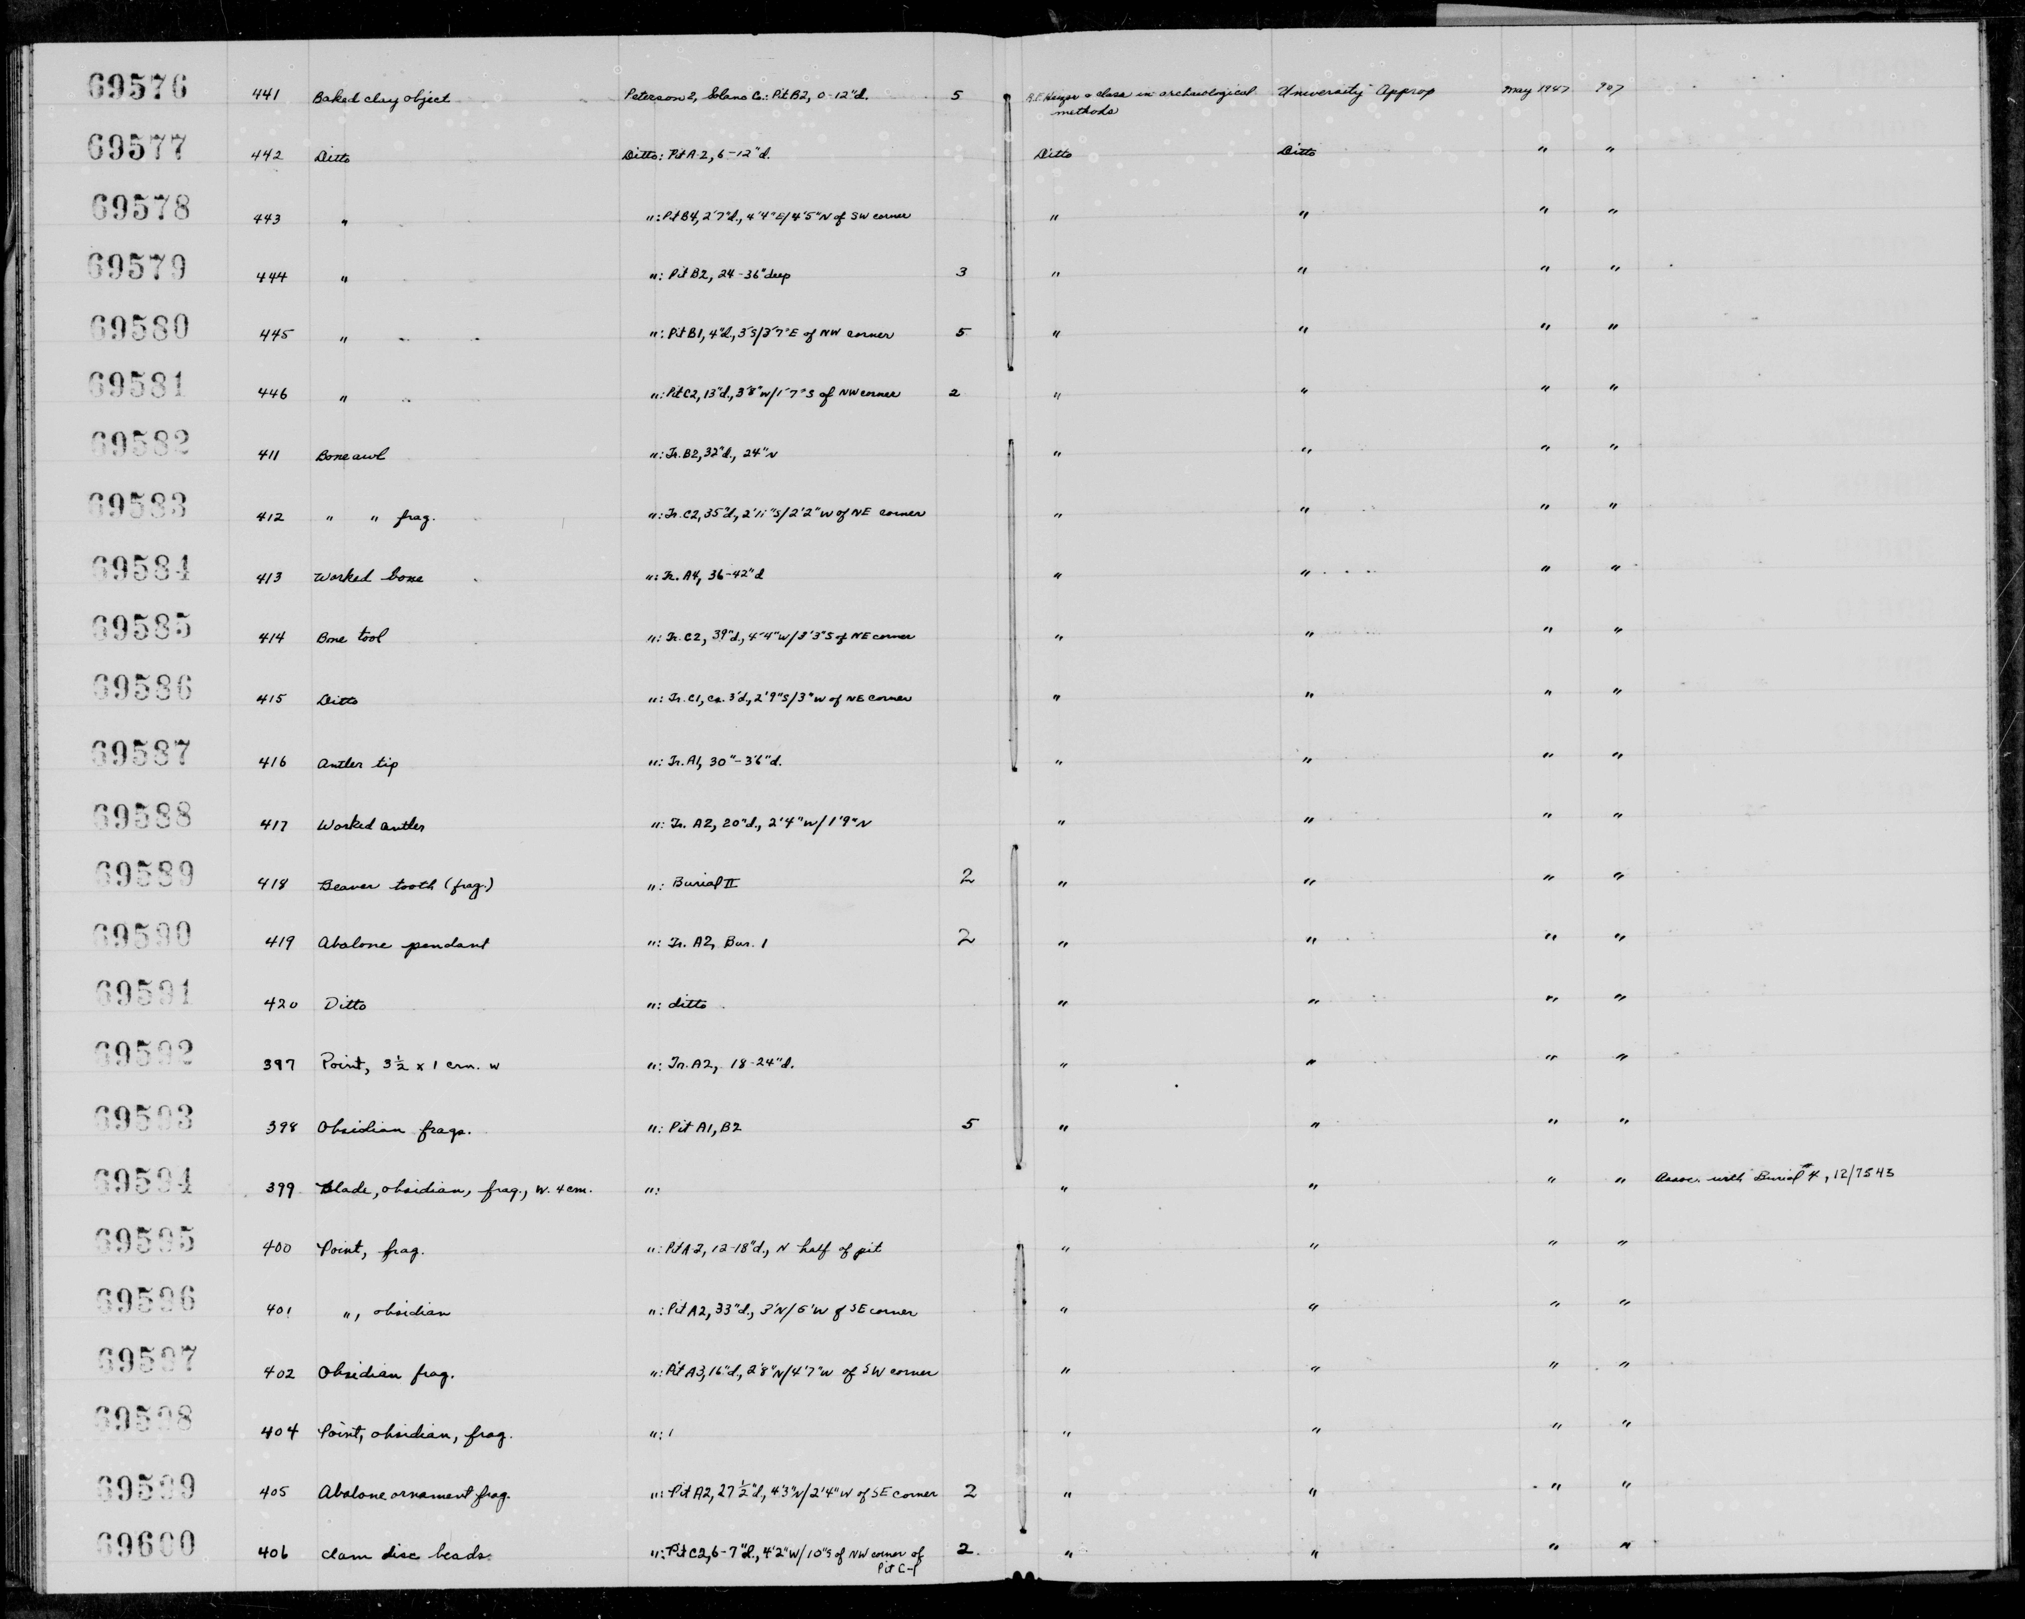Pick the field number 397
click(x=281, y=1065)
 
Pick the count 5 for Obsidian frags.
click(x=968, y=1123)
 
